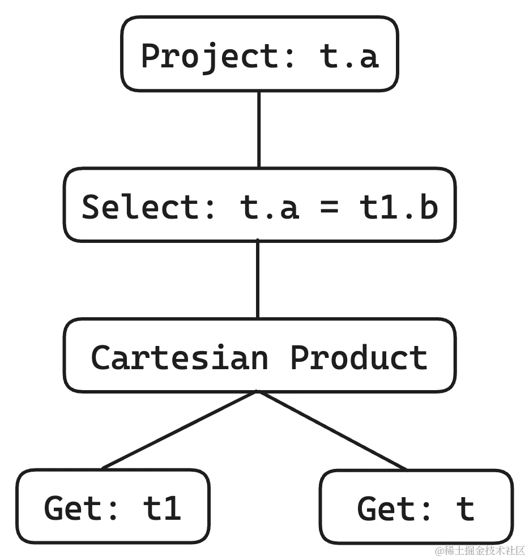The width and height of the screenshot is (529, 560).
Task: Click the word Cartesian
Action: [178, 357]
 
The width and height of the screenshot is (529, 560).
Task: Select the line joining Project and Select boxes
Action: [261, 129]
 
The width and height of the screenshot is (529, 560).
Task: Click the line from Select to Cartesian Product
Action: [261, 280]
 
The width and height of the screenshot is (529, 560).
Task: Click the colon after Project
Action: [288, 55]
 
